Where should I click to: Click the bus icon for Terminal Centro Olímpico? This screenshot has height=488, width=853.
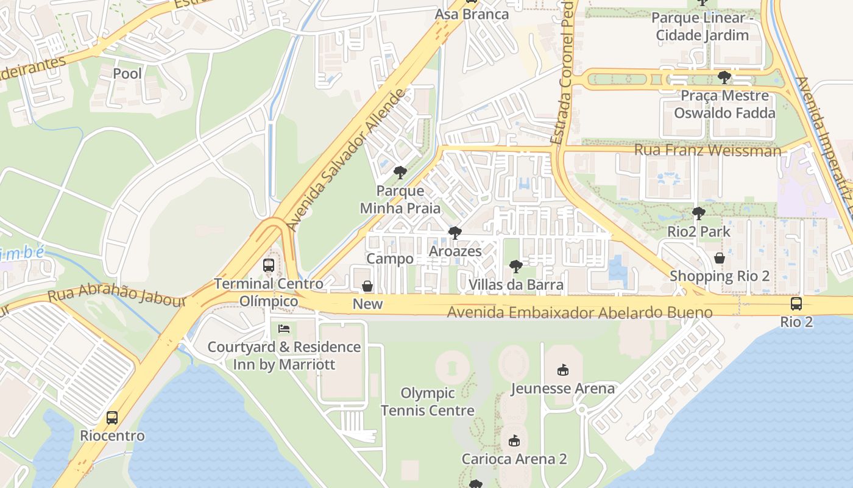tap(269, 265)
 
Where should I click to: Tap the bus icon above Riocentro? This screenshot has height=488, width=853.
tap(112, 418)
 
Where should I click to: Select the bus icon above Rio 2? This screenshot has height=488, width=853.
tap(796, 304)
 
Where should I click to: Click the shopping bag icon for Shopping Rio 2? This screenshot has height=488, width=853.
tap(720, 258)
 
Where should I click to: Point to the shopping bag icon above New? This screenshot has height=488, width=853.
tap(367, 286)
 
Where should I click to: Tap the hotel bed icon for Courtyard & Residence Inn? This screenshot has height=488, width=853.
tap(284, 329)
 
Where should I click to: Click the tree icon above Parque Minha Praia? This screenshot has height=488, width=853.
tap(400, 173)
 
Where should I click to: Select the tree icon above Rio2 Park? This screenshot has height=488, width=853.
tap(698, 213)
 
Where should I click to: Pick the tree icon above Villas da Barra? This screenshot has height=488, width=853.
tap(515, 267)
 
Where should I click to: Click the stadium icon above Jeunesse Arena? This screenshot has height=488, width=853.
tap(563, 370)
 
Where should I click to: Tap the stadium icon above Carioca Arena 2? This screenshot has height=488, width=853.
tap(514, 440)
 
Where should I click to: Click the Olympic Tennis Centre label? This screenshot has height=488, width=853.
tap(427, 401)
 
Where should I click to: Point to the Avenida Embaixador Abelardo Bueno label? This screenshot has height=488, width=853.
tap(579, 313)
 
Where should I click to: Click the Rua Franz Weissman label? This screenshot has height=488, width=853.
tap(707, 150)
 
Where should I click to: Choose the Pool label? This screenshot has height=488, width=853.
tap(127, 74)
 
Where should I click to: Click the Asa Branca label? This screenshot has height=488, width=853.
tap(472, 14)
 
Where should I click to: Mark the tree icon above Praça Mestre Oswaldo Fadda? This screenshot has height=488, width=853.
tap(724, 77)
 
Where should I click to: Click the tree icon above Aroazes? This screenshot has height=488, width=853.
tap(455, 233)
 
